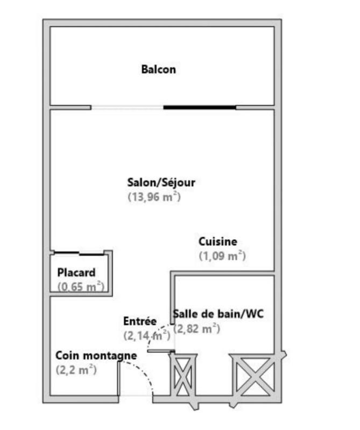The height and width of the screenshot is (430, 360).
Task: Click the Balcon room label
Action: (158, 69)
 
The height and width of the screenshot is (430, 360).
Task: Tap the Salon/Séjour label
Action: (161, 182)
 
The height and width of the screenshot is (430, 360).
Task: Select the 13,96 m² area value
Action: (154, 197)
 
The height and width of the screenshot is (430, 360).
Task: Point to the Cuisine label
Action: (217, 242)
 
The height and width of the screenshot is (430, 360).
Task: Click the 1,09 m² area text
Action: (222, 256)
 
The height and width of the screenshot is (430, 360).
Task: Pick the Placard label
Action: (76, 273)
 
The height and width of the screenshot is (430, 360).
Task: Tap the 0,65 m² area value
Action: (81, 286)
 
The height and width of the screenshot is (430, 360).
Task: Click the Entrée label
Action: (140, 321)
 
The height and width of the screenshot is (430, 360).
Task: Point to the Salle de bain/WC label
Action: (218, 314)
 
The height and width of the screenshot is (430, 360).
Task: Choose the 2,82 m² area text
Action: (196, 328)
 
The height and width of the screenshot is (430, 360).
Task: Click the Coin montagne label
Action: (96, 355)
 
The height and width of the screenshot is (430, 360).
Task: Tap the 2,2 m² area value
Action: (76, 369)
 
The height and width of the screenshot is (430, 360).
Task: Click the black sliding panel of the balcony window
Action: (200, 107)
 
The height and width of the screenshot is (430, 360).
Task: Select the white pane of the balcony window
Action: (127, 107)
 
